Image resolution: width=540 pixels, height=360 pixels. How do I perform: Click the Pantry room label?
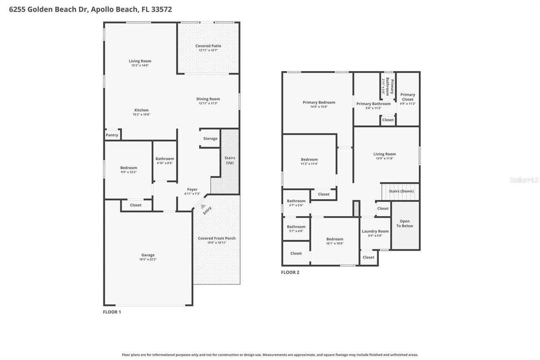(112, 135)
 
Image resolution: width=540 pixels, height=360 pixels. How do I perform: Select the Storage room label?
(210, 138)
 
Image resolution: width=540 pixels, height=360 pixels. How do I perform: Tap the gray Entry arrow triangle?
(203, 207)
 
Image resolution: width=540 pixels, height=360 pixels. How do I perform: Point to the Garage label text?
(148, 255)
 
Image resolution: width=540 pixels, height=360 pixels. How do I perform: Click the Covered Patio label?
(208, 46)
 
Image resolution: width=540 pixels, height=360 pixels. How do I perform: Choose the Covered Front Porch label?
(216, 238)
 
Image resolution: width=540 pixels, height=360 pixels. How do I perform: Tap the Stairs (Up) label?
(229, 160)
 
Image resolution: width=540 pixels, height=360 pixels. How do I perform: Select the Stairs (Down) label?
(401, 191)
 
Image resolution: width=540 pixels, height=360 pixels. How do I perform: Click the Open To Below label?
(405, 224)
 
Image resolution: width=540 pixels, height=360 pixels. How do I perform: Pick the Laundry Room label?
(375, 231)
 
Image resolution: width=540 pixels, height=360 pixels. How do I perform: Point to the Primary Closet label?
(408, 97)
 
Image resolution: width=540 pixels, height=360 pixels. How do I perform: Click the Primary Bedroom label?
(319, 102)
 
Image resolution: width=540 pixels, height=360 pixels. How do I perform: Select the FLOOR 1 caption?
(112, 312)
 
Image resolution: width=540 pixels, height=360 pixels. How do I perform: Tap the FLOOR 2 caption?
(290, 272)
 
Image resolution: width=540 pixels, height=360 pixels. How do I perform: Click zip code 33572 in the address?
(160, 9)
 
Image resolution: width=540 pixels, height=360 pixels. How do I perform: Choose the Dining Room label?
(208, 99)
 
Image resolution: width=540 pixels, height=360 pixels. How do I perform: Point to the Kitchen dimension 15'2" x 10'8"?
(141, 114)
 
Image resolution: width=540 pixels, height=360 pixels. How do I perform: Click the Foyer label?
(192, 189)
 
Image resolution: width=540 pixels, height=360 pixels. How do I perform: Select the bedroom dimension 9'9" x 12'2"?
(128, 172)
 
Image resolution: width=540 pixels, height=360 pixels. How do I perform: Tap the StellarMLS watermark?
(524, 180)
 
